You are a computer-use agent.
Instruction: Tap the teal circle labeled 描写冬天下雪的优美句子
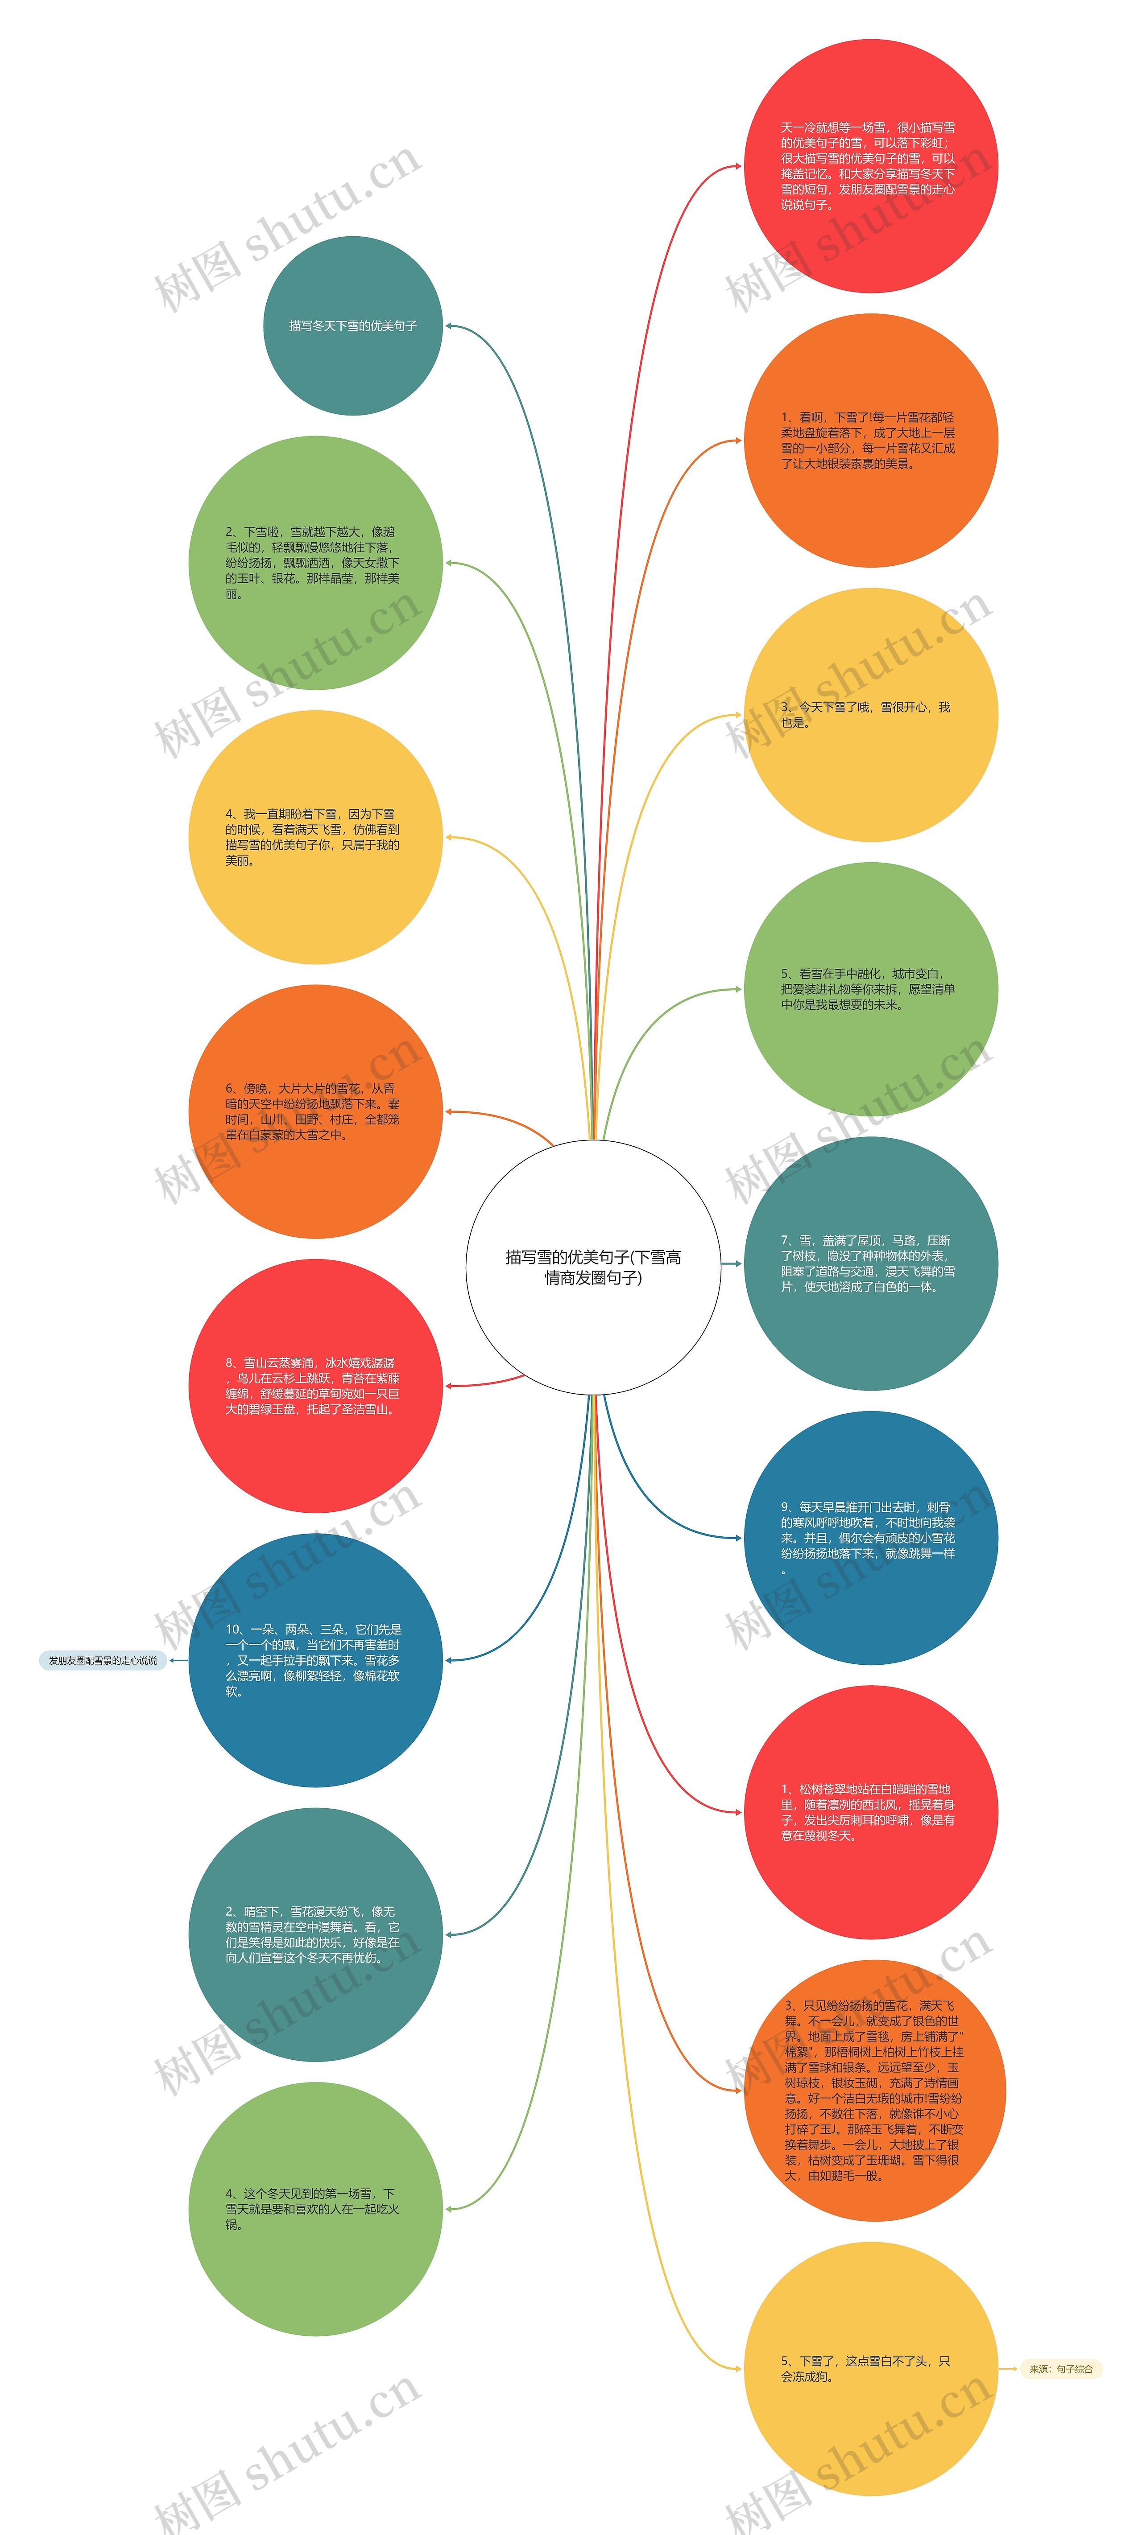352,326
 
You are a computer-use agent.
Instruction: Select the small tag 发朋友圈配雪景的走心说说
103,1660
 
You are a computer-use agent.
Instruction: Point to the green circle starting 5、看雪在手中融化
870,989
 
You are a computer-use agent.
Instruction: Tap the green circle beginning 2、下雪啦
315,563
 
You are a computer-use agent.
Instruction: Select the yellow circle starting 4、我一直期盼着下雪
315,837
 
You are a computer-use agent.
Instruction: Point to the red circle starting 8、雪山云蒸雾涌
315,1386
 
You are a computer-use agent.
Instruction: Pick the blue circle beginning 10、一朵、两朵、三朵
315,1660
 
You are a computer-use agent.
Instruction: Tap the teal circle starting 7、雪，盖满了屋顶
870,1263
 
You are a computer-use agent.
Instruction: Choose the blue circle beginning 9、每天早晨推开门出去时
870,1538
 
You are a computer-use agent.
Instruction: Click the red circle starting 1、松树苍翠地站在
870,1813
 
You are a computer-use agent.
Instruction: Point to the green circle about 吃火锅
315,2209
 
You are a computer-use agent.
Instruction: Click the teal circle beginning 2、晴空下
315,1935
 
